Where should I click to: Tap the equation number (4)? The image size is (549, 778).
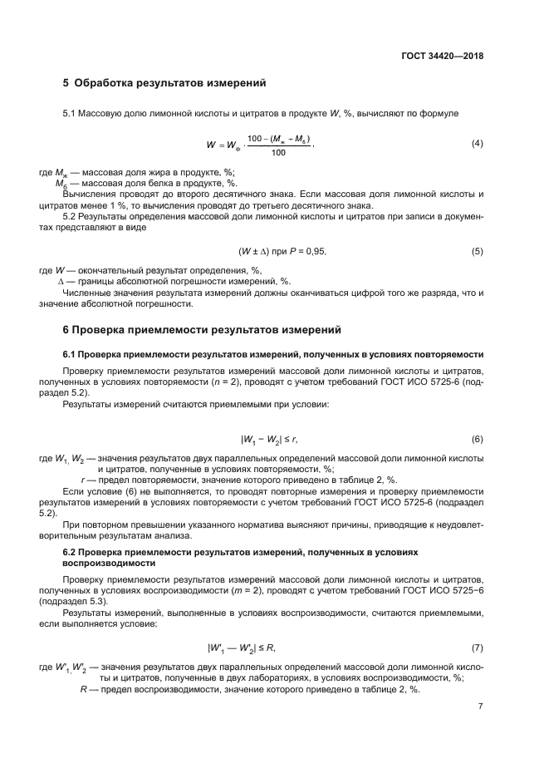(x=477, y=143)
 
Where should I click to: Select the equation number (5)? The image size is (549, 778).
(x=477, y=250)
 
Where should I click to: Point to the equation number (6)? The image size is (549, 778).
(x=477, y=438)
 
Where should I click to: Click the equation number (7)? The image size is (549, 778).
(x=477, y=647)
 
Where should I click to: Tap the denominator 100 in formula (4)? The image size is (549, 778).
(x=278, y=153)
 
